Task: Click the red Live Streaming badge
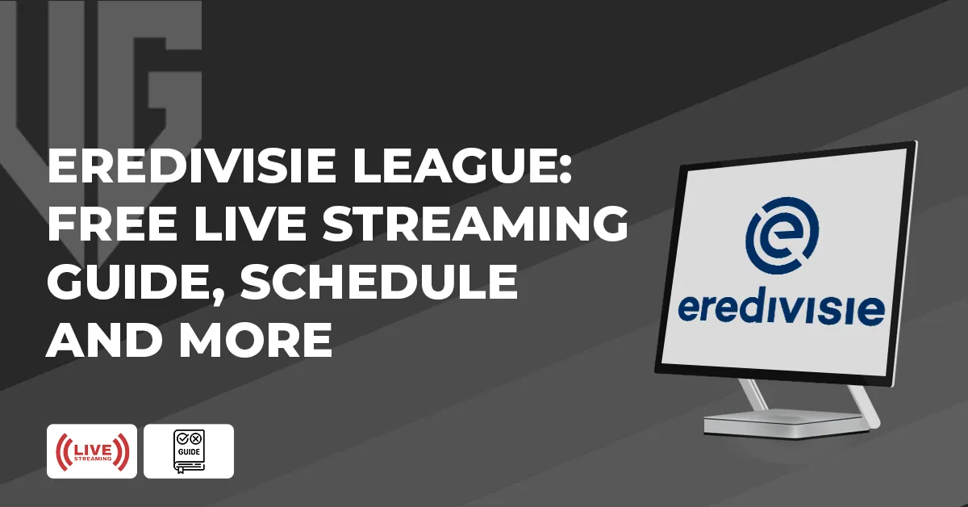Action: (x=91, y=451)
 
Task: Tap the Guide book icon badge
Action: (x=189, y=451)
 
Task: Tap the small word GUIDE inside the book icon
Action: (x=189, y=450)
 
